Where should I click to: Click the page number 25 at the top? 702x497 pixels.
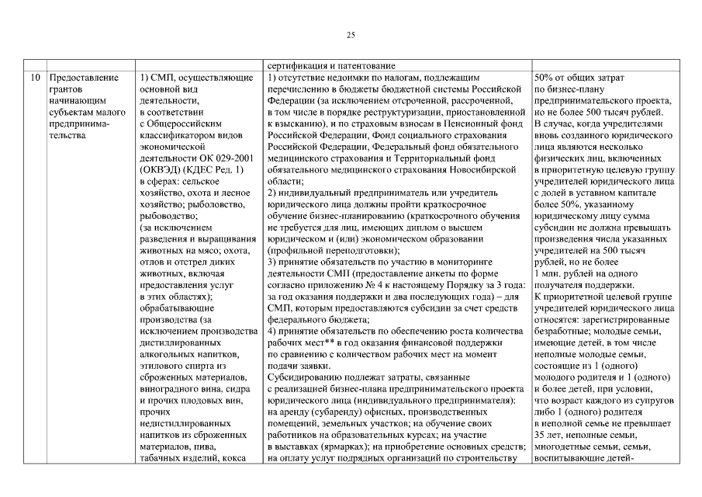[351, 35]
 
